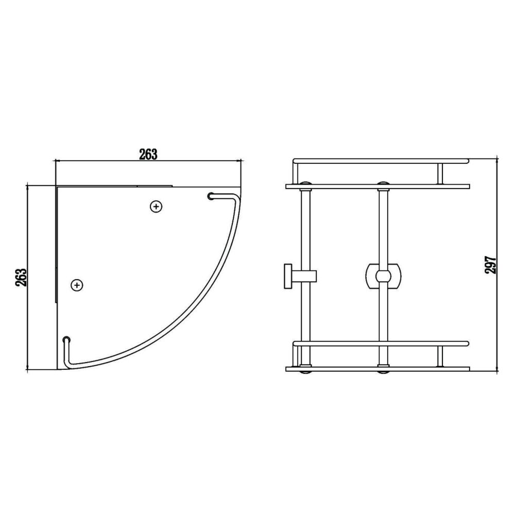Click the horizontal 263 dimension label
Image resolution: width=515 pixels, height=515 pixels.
click(147, 154)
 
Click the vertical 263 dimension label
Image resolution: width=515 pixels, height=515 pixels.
click(21, 279)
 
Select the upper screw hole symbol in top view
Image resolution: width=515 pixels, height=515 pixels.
click(156, 207)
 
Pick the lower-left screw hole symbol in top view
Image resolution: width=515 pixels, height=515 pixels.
click(77, 284)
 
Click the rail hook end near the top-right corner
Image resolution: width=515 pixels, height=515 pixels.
click(211, 196)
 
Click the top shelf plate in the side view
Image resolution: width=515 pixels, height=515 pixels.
click(377, 186)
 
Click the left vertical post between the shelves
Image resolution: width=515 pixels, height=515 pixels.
click(307, 232)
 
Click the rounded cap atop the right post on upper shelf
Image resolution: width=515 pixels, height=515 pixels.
click(383, 182)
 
